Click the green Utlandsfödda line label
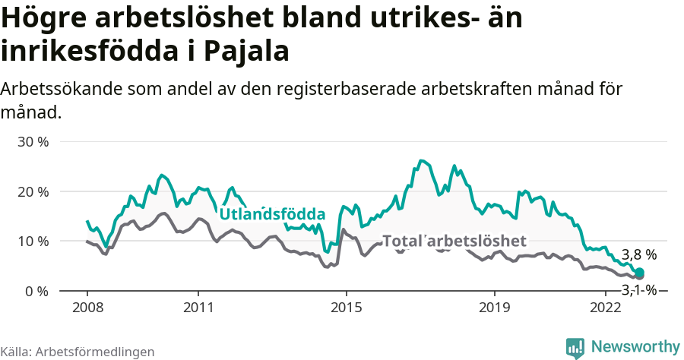(272, 214)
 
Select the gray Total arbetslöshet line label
(454, 241)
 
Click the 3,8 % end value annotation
(639, 255)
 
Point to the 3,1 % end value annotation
(639, 289)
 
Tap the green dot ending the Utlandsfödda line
(639, 273)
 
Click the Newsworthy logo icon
(575, 347)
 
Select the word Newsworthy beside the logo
(635, 346)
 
